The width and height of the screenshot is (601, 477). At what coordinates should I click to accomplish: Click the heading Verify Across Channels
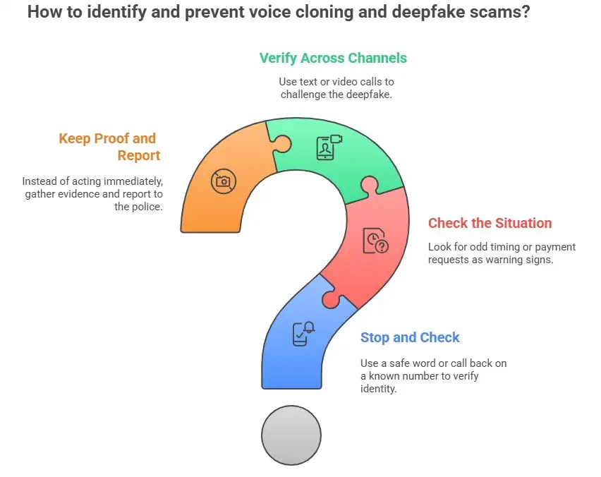333,58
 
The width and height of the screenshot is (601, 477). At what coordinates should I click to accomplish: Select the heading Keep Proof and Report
109,146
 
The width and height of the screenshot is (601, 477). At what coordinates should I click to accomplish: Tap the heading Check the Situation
490,223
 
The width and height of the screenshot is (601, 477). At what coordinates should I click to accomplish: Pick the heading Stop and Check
410,337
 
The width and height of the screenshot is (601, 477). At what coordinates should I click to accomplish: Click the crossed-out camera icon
223,181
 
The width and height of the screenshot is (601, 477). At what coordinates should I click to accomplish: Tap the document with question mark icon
375,241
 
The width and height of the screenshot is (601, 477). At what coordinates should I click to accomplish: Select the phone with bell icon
303,332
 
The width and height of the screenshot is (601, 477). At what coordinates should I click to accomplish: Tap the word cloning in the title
305,13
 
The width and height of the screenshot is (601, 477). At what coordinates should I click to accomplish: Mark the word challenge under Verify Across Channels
305,95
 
